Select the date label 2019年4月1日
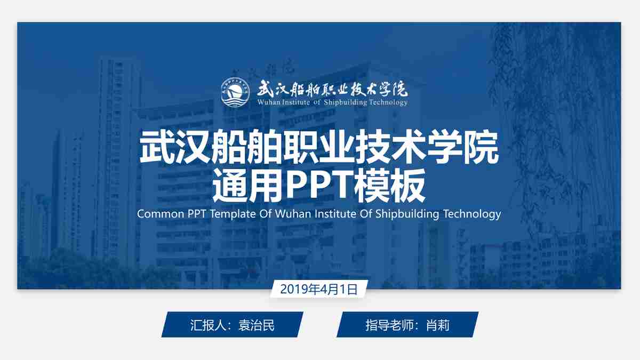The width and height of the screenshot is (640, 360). [x=318, y=289]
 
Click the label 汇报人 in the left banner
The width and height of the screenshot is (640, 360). [x=206, y=325]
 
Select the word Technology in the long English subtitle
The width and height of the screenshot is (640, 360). [x=472, y=214]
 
